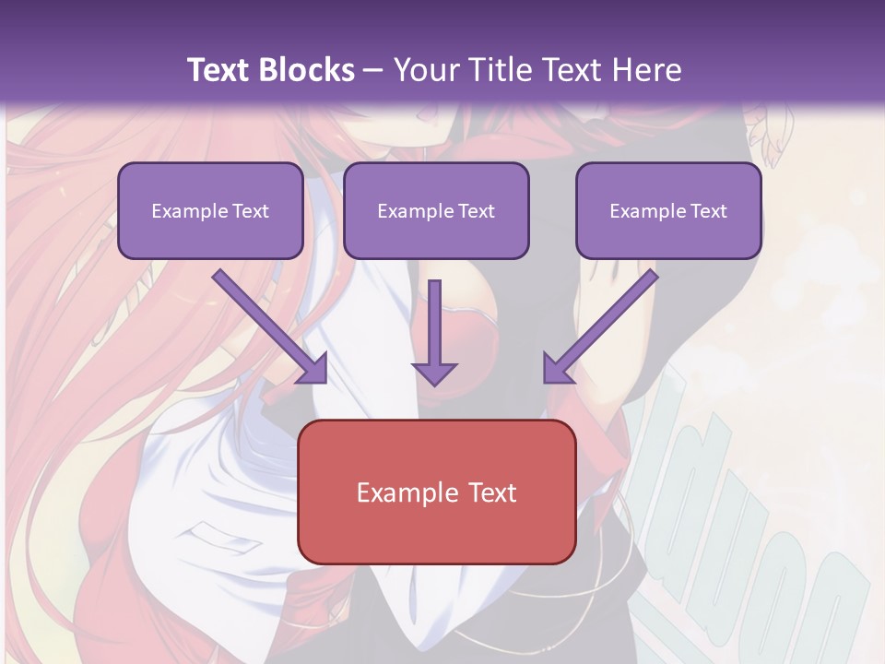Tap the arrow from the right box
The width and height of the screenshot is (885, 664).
point(604,324)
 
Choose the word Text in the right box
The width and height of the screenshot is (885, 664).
point(708,211)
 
